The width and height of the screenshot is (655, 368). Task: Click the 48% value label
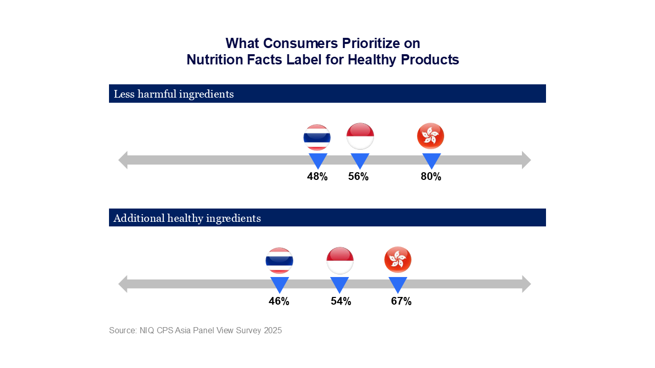[317, 177]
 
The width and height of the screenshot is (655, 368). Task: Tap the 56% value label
[358, 177]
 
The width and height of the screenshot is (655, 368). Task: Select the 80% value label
[431, 177]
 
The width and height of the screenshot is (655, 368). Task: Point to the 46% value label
[279, 302]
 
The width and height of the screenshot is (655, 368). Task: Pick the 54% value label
[341, 302]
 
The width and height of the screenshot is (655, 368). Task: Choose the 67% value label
[401, 302]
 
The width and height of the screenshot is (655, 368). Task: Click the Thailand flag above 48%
[317, 137]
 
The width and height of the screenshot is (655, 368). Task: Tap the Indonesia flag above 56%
[360, 136]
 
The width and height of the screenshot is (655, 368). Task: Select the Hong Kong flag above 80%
[431, 136]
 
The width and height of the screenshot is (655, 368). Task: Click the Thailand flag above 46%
[279, 261]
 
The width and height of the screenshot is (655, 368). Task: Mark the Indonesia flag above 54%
[340, 260]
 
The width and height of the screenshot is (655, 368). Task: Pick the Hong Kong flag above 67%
[398, 260]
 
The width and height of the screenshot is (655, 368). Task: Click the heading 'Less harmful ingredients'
[173, 94]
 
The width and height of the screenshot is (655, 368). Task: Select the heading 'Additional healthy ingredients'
[187, 218]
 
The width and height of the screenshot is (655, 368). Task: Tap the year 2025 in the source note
[273, 330]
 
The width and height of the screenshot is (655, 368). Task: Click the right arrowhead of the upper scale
[527, 160]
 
